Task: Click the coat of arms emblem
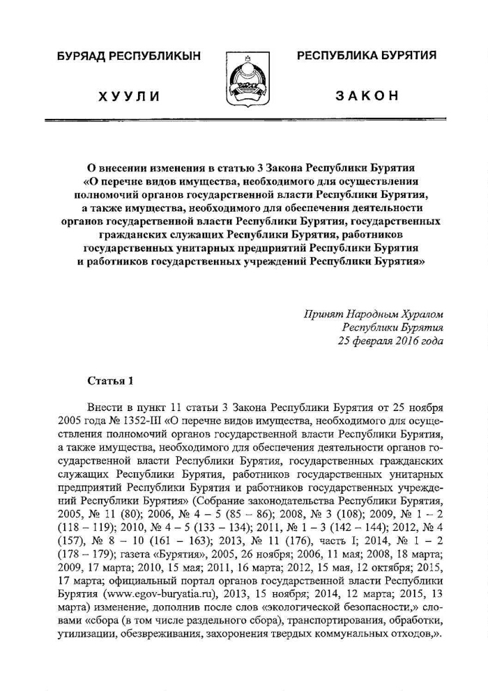(x=243, y=78)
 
